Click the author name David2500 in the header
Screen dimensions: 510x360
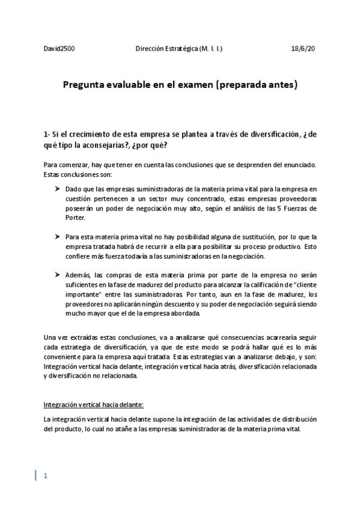tap(59, 49)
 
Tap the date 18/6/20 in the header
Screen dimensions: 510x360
tap(303, 49)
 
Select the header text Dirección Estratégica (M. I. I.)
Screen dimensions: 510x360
tap(178, 49)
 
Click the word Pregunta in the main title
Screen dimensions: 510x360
tap(86, 85)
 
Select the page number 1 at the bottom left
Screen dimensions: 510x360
tap(45, 476)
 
